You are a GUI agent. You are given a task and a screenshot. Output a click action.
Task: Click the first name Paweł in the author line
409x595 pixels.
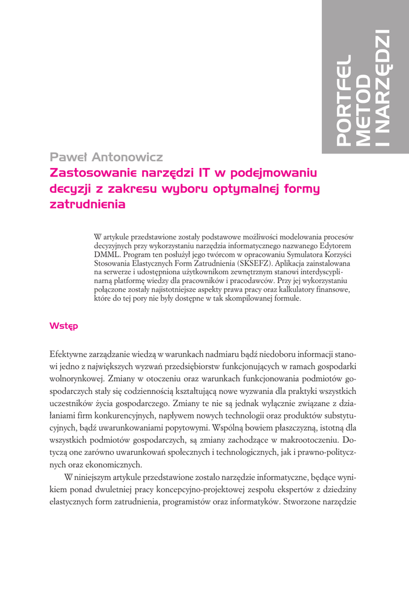tap(68, 157)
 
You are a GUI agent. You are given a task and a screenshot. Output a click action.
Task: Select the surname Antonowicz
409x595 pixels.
tap(126, 157)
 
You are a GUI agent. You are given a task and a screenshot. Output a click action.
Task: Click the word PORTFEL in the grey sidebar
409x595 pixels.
tap(345, 100)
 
